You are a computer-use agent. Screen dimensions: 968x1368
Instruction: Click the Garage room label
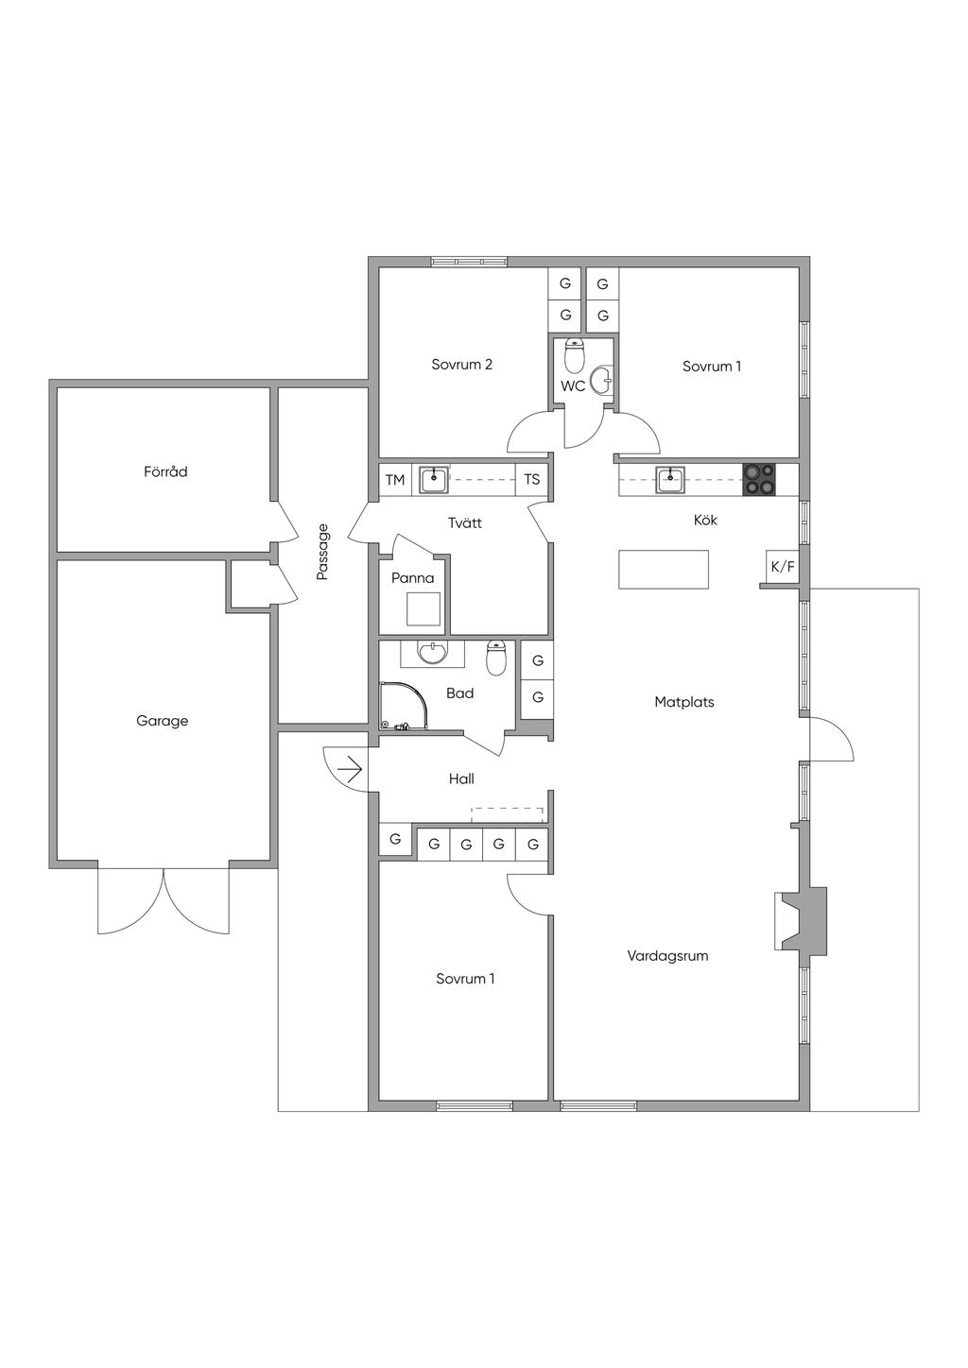162,721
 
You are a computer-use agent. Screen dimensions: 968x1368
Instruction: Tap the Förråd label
165,471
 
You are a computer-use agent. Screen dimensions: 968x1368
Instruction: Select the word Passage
322,552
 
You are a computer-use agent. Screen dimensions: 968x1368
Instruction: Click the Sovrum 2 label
461,365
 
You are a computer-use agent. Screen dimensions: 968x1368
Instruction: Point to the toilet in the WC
575,356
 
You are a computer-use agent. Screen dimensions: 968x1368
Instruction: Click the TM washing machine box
395,480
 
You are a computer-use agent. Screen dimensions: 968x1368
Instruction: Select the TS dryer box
531,479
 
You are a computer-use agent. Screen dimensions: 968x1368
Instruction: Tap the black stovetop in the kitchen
759,479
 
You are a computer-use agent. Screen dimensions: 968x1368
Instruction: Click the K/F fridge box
783,567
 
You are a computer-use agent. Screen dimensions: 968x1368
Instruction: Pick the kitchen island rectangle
664,569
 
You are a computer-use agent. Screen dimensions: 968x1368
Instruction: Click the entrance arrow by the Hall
353,769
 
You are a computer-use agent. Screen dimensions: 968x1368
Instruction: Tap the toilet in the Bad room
496,658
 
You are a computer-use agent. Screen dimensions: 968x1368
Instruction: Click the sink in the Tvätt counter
434,479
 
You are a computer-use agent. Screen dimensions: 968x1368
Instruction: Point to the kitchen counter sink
670,480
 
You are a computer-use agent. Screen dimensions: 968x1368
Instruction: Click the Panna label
413,578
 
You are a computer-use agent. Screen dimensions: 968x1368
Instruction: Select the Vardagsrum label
667,955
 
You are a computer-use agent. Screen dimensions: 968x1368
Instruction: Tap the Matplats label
684,702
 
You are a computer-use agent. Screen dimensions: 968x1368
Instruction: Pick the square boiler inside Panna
423,608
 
